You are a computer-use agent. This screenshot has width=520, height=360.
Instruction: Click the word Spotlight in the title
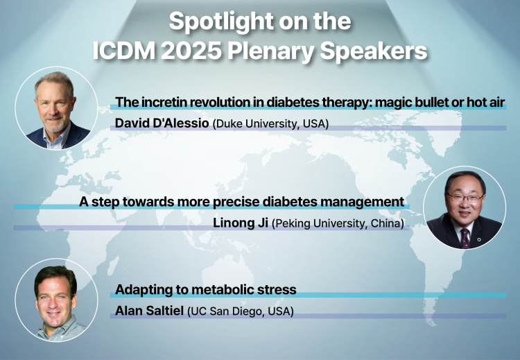tap(220, 22)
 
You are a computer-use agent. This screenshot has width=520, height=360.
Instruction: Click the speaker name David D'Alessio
tap(162, 123)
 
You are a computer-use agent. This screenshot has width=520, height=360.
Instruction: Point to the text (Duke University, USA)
tap(270, 123)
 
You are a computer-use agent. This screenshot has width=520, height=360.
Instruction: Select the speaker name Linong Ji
tap(241, 223)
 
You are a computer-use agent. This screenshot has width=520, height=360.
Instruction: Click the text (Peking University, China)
tap(338, 223)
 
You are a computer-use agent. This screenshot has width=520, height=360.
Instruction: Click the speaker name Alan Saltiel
tap(149, 311)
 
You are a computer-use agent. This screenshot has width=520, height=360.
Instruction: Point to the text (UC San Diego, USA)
tap(241, 311)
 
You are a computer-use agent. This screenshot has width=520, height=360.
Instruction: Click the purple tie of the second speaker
tap(465, 238)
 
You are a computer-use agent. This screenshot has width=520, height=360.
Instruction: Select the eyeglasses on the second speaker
tap(465, 197)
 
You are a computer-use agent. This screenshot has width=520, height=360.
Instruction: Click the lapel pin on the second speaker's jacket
tap(478, 239)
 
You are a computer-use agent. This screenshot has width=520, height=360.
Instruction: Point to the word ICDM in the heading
tap(124, 51)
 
